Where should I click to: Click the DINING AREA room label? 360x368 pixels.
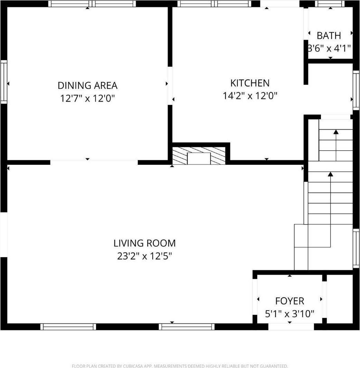[x=87, y=85]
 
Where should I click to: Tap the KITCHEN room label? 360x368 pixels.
[x=250, y=83]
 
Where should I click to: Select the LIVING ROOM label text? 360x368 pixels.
[x=144, y=243]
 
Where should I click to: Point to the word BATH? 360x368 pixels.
[x=329, y=36]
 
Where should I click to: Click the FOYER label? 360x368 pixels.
[x=290, y=301]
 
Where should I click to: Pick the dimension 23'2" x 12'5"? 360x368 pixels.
[x=144, y=256]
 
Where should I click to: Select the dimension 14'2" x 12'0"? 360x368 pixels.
[x=250, y=96]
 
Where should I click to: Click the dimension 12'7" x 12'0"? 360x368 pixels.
[x=87, y=98]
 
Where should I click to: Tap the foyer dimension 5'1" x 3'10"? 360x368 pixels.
[x=290, y=314]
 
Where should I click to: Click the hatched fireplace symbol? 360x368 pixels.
[x=199, y=156]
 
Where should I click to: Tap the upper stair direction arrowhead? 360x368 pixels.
[x=336, y=132]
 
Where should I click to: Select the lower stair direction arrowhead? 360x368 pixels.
[x=331, y=174]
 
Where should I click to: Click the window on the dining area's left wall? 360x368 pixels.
[x=4, y=82]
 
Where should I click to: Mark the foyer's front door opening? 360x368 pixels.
[x=291, y=327]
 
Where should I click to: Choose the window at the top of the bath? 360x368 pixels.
[x=330, y=4]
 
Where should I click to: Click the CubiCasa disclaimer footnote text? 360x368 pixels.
[x=180, y=366]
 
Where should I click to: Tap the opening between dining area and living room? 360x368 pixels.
[x=94, y=162]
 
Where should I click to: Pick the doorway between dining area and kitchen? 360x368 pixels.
[x=170, y=86]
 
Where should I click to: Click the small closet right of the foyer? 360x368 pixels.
[x=339, y=299]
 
